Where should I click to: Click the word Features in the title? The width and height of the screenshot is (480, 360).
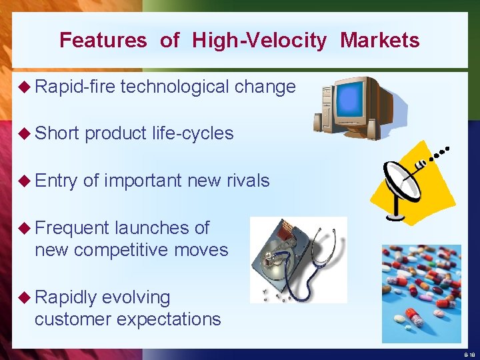click(103, 41)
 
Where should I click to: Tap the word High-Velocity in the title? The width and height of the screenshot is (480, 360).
click(259, 41)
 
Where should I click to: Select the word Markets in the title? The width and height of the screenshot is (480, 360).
click(379, 41)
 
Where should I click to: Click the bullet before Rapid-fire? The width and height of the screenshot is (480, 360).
click(25, 87)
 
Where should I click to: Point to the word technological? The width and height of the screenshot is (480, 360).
click(175, 87)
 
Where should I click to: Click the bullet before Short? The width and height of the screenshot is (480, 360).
click(25, 133)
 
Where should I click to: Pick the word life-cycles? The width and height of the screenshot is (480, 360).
click(191, 133)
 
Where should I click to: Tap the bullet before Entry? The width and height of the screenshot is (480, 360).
click(25, 181)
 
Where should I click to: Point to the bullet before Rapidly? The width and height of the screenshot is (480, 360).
click(25, 297)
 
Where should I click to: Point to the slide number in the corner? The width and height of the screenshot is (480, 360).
click(469, 355)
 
